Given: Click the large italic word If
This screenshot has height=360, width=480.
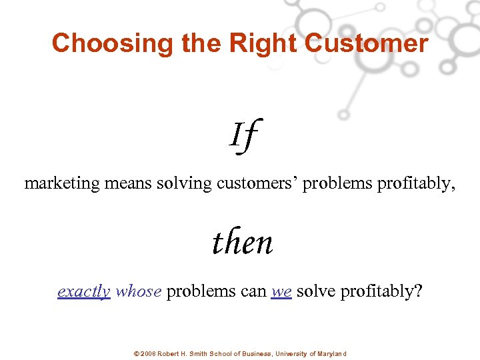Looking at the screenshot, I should coord(243,135).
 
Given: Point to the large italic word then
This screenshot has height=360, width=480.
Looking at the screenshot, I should coord(243,243).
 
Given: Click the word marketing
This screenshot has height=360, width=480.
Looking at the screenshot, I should coord(62,184).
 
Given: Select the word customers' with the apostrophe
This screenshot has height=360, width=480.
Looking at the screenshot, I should coord(257,184).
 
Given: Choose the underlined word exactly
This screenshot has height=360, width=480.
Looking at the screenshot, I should coord(84,292).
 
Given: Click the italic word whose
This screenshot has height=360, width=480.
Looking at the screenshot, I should coord(138,292).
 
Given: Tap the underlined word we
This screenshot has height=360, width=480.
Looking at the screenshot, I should coord(281,292).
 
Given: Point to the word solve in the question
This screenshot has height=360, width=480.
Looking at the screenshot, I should coord(316,292).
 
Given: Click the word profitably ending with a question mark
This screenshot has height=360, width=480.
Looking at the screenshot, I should coord(381,292).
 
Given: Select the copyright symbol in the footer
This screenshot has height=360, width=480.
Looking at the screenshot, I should coord(137,354).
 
